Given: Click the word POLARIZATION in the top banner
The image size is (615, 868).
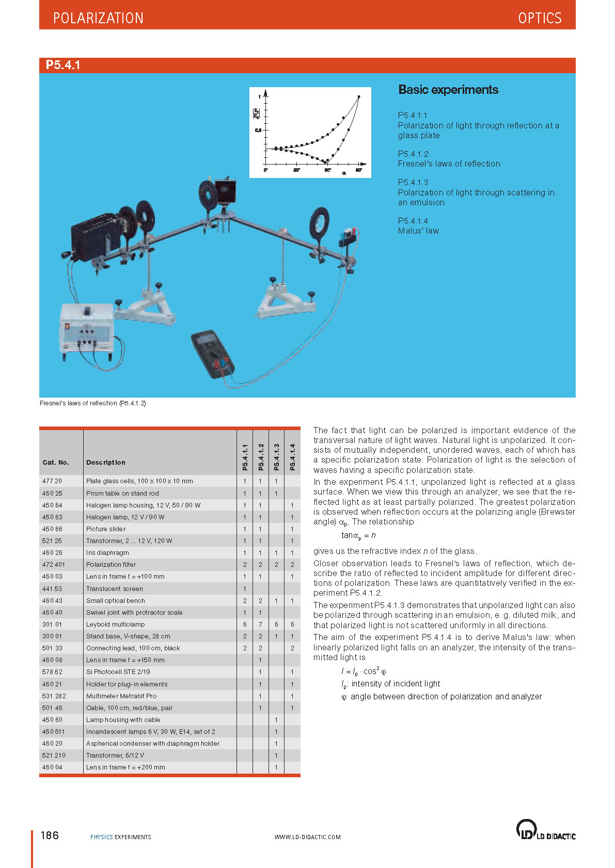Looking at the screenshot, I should tap(98, 18).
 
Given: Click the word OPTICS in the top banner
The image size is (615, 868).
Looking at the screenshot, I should tap(540, 18).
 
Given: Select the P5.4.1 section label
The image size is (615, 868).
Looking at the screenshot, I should tap(63, 65).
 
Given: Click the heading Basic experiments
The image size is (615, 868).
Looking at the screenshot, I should tap(448, 90).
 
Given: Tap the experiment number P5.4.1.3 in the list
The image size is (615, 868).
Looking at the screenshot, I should tap(413, 182).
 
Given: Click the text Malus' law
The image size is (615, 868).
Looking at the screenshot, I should tap(418, 231).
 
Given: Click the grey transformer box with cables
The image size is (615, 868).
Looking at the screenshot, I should tap(87, 330).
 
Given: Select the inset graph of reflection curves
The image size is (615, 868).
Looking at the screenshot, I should tap(310, 133).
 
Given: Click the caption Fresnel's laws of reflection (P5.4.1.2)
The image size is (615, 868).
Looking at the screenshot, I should tap(93, 403).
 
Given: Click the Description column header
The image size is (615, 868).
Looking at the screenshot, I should tap(105, 463).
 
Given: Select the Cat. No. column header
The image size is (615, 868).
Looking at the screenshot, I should tap(55, 463).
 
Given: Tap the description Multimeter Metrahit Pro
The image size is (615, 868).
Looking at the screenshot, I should tap(121, 696).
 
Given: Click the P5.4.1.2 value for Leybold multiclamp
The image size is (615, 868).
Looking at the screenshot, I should tap(260, 625).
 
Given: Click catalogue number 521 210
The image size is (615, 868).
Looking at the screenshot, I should tap(54, 756).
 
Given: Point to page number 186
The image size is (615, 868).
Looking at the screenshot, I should tap(50, 836).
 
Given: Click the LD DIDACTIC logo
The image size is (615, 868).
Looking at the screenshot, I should tap(545, 830).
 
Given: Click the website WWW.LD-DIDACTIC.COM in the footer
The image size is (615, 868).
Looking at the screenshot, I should tap(307, 837).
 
